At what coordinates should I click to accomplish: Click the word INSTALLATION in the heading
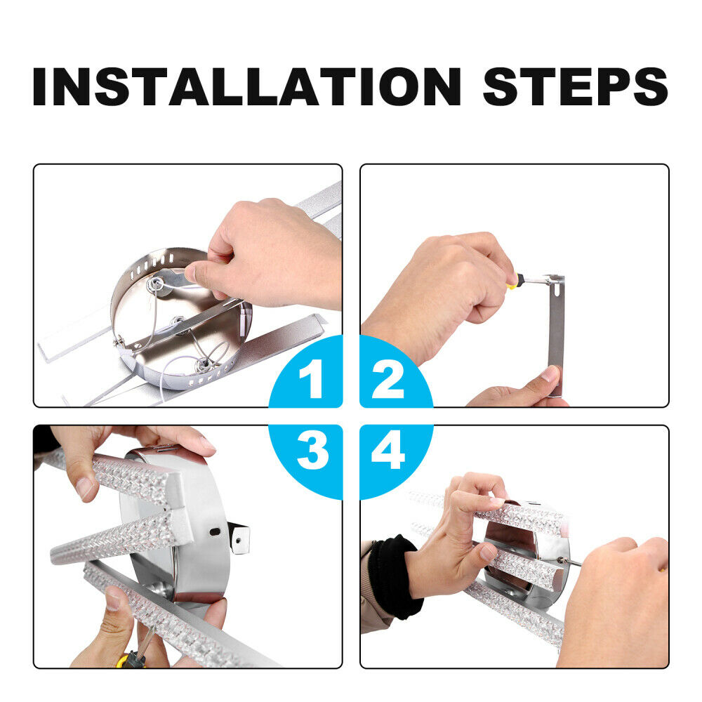(x=246, y=86)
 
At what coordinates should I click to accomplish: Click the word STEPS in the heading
(x=576, y=86)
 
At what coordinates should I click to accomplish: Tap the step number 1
(x=312, y=379)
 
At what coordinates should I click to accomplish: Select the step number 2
(x=388, y=379)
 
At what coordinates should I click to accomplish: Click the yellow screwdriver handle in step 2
(x=515, y=281)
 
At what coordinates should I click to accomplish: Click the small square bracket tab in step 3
(x=238, y=538)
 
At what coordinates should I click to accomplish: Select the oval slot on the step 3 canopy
(x=216, y=532)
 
